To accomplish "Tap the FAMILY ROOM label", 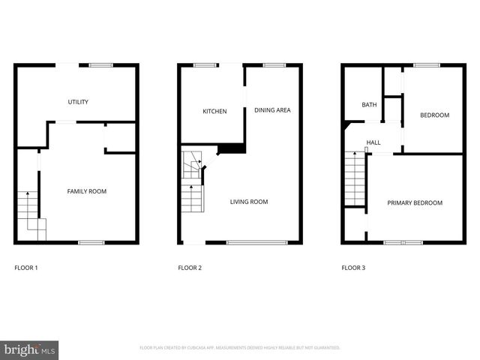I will coord(87,191).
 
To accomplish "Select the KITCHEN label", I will coord(214,112).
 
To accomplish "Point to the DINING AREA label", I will coord(272,110).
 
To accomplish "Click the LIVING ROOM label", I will coord(248,201).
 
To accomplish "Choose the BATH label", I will coord(369,105).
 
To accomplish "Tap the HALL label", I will coord(373,142).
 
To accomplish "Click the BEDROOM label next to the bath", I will coord(434,115).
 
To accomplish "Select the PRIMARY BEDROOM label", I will coord(415,202).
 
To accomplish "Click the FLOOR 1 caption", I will coord(26,268).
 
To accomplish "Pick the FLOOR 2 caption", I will coord(189,268).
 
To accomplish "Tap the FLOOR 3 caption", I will coord(352,268).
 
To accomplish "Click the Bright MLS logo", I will coord(30,349).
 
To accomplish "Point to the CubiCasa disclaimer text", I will coord(240,348).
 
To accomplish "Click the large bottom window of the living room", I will coord(257,242).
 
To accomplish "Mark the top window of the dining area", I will coord(274,65).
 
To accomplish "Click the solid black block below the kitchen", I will coord(232,148).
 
